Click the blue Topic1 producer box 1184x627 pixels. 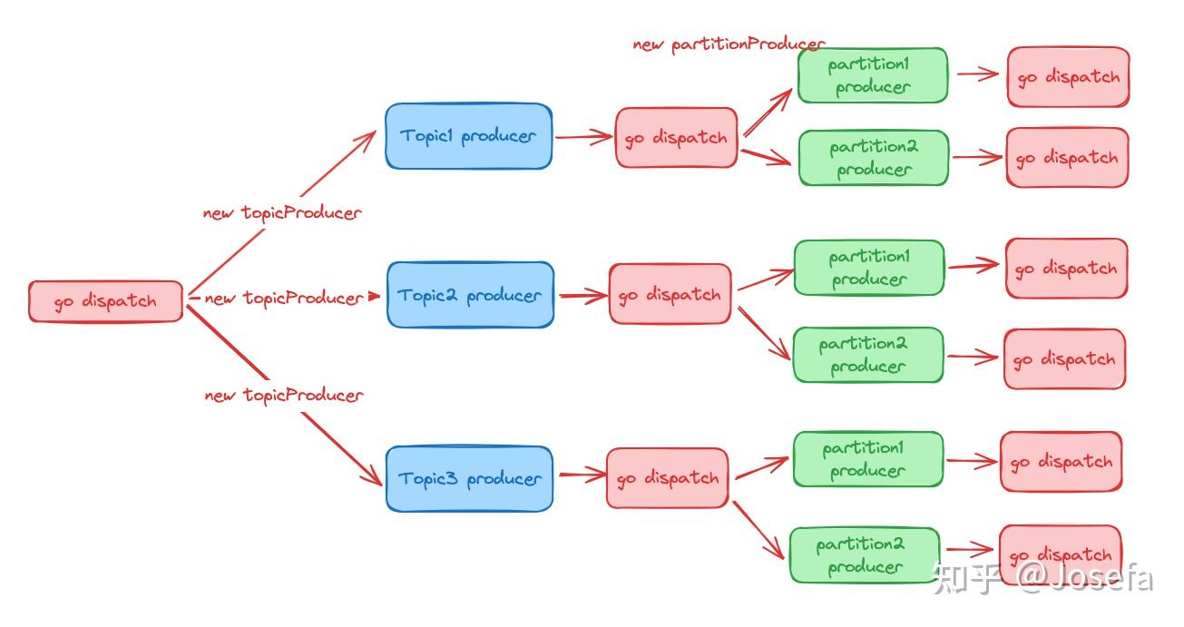469,136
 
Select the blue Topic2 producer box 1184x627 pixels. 471,295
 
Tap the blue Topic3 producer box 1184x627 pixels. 469,479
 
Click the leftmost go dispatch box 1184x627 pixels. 106,301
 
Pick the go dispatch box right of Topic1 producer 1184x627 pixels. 676,138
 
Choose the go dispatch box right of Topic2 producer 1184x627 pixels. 670,294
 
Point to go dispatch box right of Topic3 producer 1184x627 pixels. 668,478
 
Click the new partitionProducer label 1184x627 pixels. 729,45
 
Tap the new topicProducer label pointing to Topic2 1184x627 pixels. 284,299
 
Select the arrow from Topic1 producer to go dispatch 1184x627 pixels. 583,137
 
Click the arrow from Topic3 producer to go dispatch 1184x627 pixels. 582,475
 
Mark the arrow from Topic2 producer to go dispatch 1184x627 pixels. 583,296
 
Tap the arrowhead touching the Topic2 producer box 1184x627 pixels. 374,296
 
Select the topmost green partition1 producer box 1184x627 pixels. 873,75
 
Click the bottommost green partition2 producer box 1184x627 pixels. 865,555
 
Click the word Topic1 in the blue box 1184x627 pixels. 426,136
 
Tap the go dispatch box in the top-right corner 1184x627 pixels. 1068,76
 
